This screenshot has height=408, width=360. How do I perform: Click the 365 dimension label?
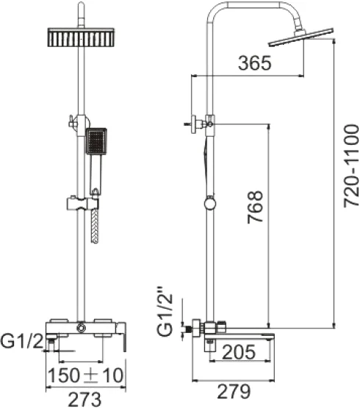coord(255,63)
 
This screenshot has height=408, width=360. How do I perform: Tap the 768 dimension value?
coord(255,207)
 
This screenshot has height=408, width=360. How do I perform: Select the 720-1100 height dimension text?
coord(351,166)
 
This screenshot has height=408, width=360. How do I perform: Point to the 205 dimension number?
coord(239,352)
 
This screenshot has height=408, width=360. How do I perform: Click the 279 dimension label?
coord(234,391)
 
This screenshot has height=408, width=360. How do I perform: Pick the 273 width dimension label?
coord(84,399)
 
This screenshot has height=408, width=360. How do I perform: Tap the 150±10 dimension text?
coord(85,375)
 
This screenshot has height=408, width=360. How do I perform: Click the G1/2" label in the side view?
coord(165,312)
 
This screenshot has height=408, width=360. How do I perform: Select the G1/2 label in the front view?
coord(21,341)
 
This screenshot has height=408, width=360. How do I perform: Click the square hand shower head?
coord(96,141)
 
